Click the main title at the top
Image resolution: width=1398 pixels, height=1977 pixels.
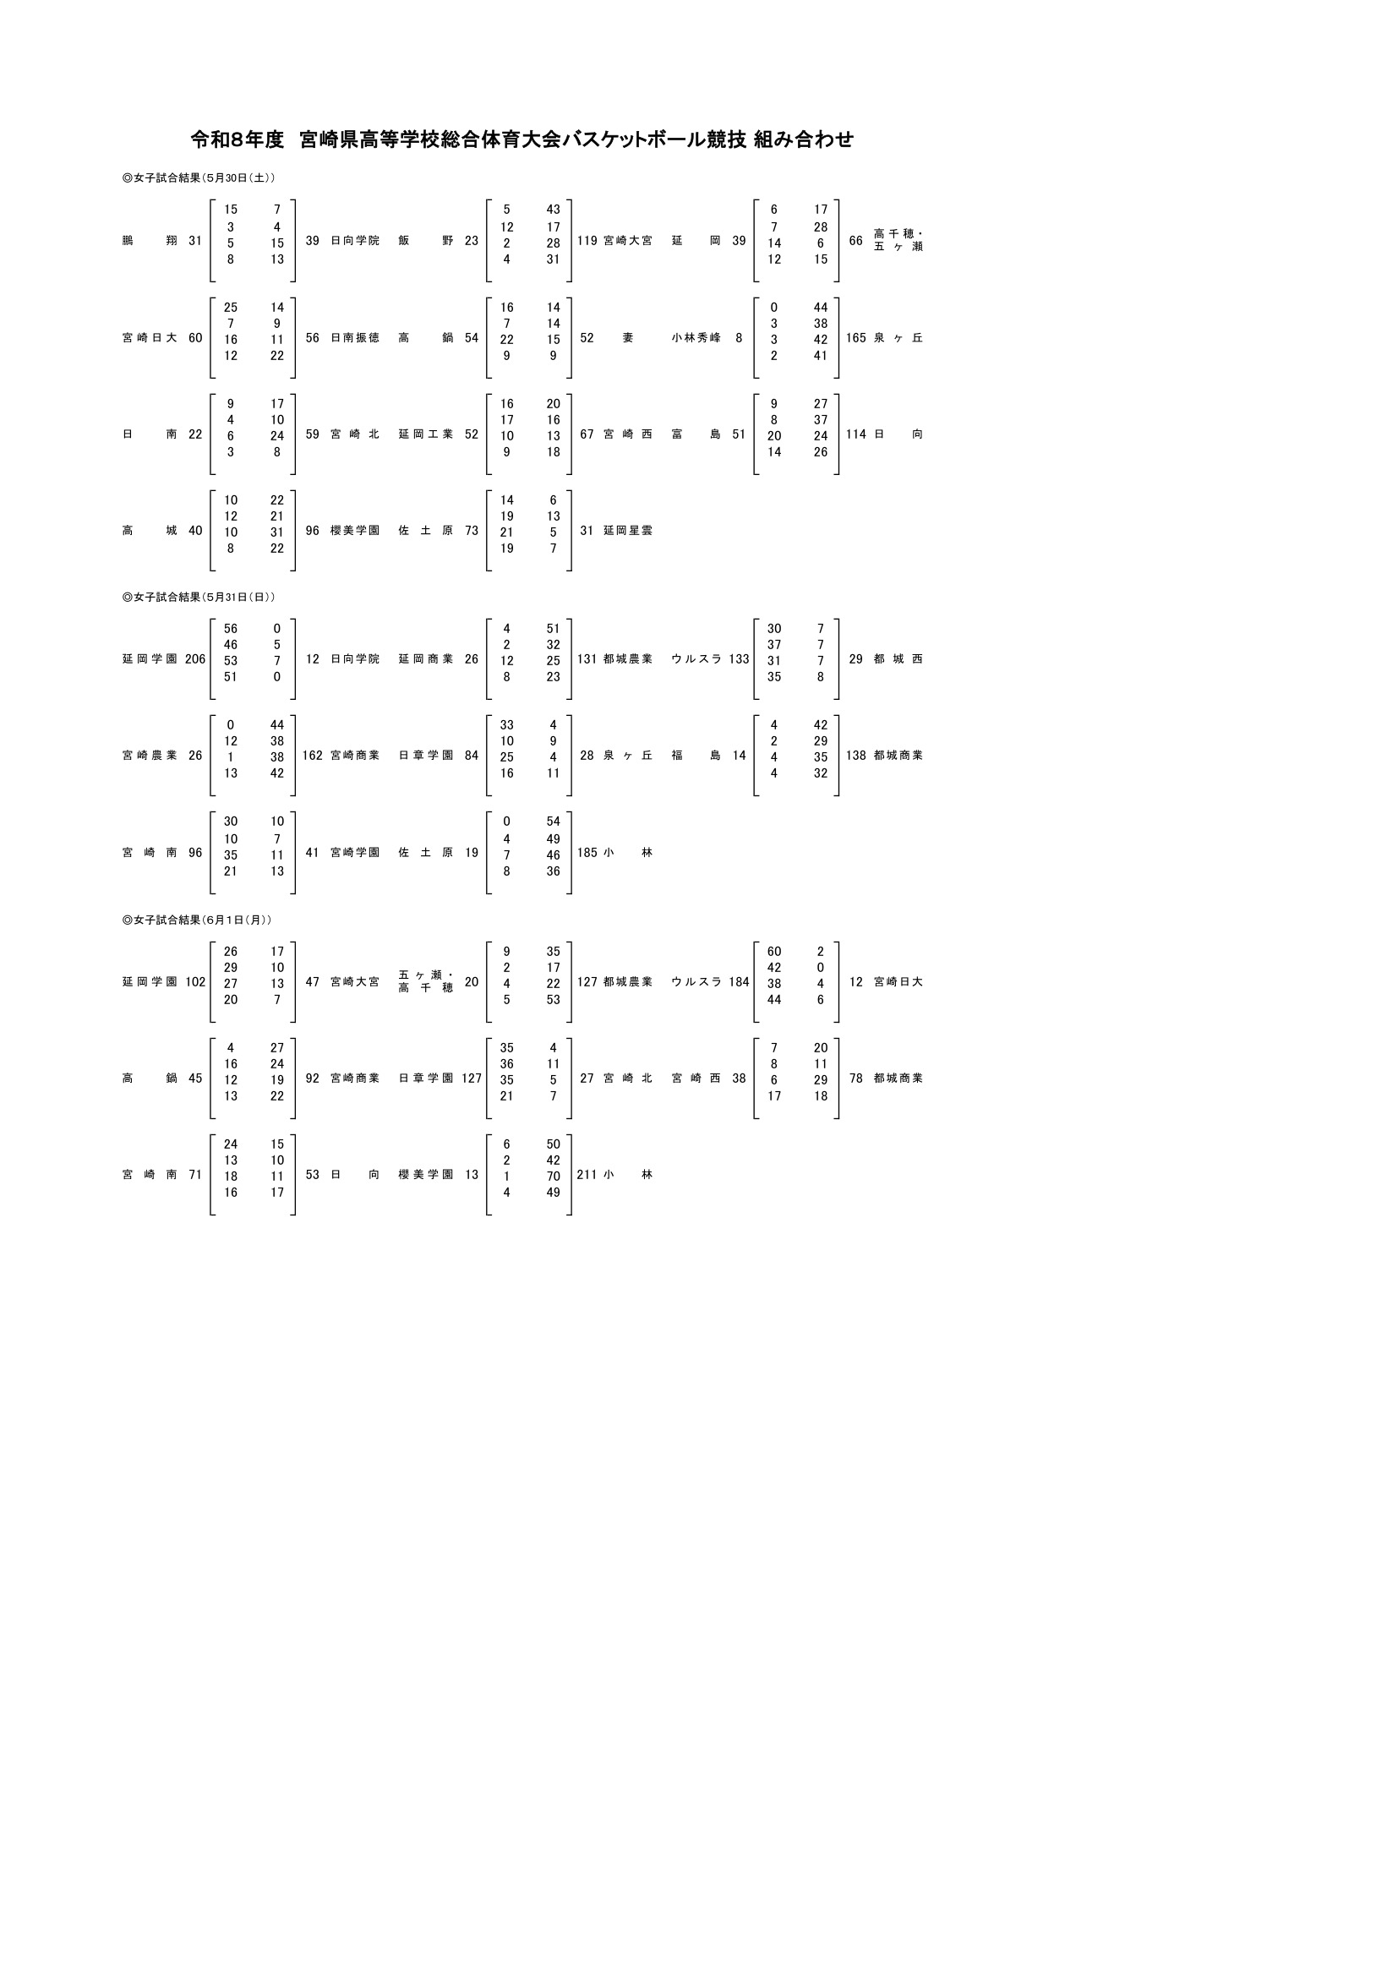pos(522,139)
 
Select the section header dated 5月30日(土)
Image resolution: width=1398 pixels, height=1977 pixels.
pos(199,178)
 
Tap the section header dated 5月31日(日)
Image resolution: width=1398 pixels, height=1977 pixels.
pos(199,597)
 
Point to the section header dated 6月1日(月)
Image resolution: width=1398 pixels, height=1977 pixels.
pos(197,920)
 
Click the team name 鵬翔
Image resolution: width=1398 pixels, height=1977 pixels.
pos(150,241)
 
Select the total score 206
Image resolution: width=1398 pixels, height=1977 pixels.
pos(195,659)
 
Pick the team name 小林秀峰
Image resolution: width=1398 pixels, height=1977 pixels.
pos(696,338)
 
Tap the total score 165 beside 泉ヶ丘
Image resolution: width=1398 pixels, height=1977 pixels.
pos(855,338)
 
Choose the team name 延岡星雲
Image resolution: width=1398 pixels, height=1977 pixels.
pos(628,532)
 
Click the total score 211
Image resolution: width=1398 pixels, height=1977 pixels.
pos(587,1176)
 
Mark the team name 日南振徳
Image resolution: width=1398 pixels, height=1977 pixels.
pos(355,338)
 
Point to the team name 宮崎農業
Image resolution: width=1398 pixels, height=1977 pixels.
pos(150,756)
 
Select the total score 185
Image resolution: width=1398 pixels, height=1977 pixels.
pos(587,854)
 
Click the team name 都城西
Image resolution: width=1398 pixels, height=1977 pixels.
pos(898,659)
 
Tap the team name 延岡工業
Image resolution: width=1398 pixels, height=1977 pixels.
pos(426,434)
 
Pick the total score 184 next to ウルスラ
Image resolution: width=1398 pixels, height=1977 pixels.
pos(739,982)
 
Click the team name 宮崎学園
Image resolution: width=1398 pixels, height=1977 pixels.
pos(355,854)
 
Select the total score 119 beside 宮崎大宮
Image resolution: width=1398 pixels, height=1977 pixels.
pos(587,241)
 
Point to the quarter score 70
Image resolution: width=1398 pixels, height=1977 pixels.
pos(553,1177)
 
